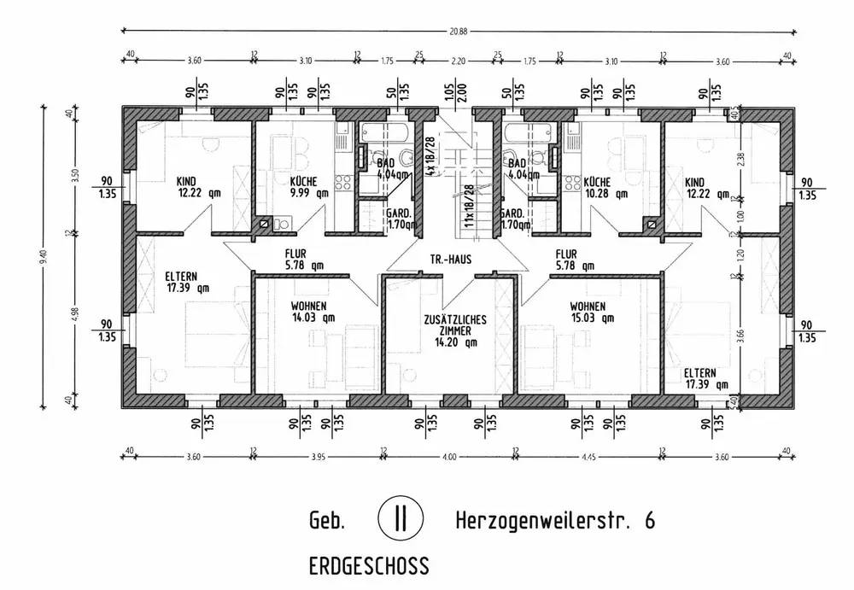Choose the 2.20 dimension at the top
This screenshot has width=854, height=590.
pos(458,61)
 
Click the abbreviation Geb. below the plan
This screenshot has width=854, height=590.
pos(325,520)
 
